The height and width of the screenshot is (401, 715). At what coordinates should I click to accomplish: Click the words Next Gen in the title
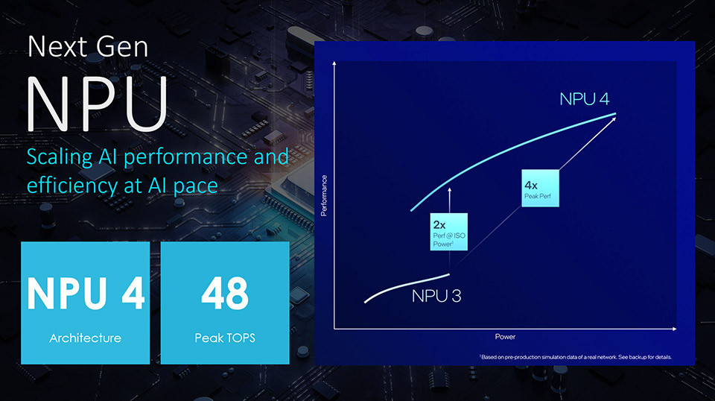(88, 48)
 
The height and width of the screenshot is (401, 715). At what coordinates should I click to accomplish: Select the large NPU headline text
(97, 104)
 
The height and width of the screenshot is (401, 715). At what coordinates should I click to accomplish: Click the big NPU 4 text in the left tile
(86, 293)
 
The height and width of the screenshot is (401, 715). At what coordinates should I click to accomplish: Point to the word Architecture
(85, 338)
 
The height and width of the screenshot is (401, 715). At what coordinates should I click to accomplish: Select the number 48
(224, 293)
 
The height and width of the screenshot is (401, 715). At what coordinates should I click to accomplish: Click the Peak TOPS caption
(224, 338)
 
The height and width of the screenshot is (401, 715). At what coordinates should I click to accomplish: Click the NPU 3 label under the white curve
(436, 296)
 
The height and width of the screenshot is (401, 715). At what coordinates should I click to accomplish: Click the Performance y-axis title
(324, 195)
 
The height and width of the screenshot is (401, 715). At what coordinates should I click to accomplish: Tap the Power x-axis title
(505, 337)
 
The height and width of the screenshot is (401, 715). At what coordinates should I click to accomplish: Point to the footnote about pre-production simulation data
(576, 357)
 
